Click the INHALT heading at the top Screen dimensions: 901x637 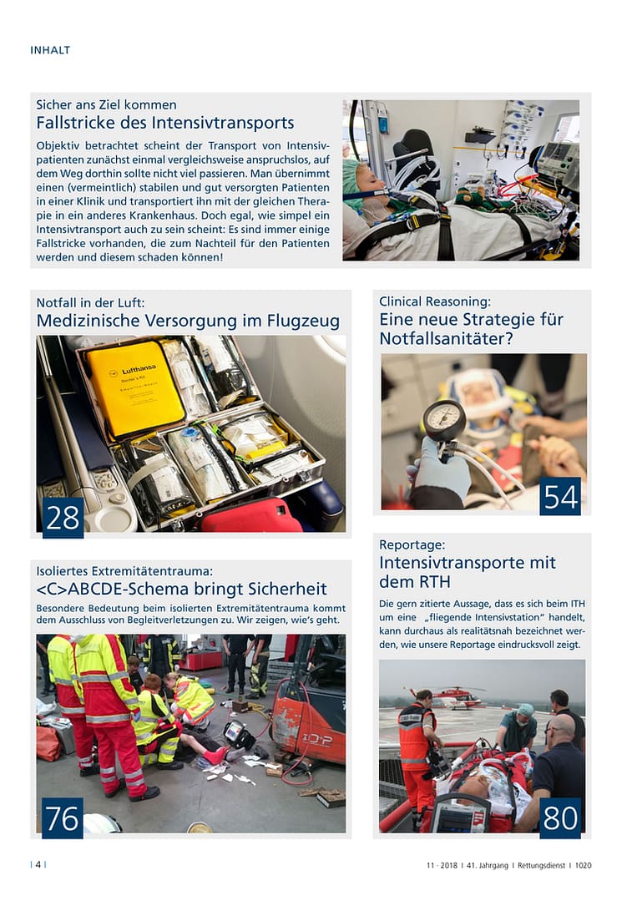click(50, 50)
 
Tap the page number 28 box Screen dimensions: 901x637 click(63, 518)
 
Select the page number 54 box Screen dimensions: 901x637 click(560, 496)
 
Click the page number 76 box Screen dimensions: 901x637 click(63, 818)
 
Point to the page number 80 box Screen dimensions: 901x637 click(560, 818)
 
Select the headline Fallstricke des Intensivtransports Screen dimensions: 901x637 click(165, 124)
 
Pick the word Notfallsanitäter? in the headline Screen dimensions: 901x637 click(446, 339)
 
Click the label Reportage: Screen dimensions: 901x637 click(412, 544)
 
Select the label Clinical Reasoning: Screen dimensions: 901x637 click(435, 301)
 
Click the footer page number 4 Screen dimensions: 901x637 click(38, 865)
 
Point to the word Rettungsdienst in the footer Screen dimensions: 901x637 click(536, 866)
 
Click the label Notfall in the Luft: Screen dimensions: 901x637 click(96, 302)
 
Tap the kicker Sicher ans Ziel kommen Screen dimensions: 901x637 click(106, 105)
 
